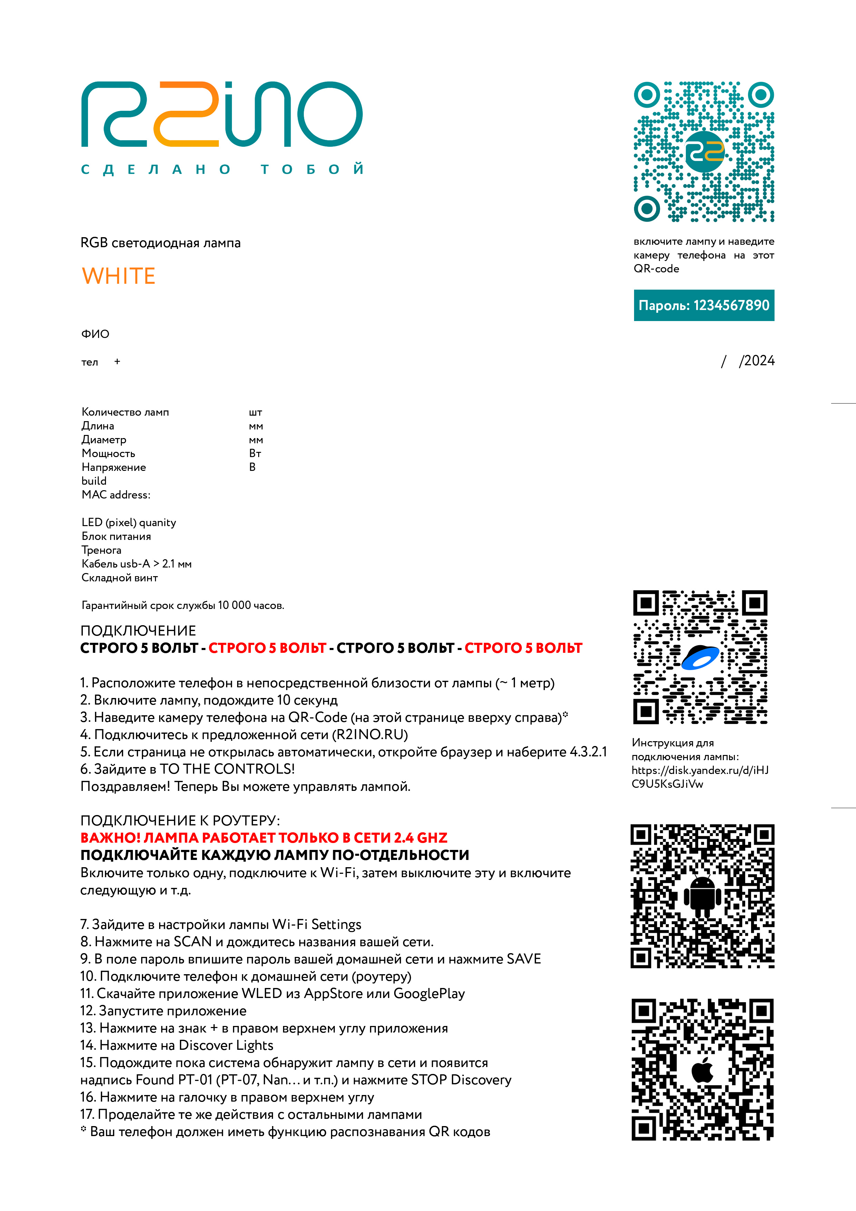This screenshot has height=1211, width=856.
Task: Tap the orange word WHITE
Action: click(x=119, y=276)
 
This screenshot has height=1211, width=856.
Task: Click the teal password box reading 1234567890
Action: click(x=703, y=306)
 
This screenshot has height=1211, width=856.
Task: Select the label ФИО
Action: click(x=95, y=334)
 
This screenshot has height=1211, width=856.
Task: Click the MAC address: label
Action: click(x=116, y=495)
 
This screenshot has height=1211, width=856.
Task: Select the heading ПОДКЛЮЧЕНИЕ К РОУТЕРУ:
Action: click(x=180, y=820)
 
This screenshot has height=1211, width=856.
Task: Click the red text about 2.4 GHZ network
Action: click(x=264, y=837)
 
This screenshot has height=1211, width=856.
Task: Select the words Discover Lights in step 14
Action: click(x=226, y=1045)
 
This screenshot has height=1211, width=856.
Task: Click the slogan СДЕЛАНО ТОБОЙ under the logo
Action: click(x=222, y=169)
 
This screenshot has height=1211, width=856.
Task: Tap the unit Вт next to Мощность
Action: click(x=255, y=454)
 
